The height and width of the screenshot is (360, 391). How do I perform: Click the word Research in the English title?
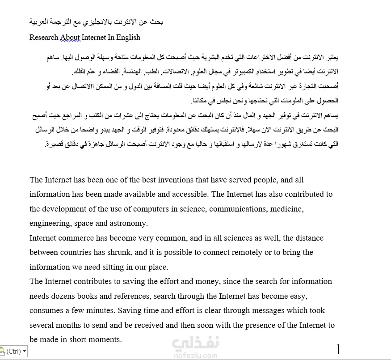[44, 38]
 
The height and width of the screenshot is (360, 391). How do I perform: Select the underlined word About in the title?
[70, 38]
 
